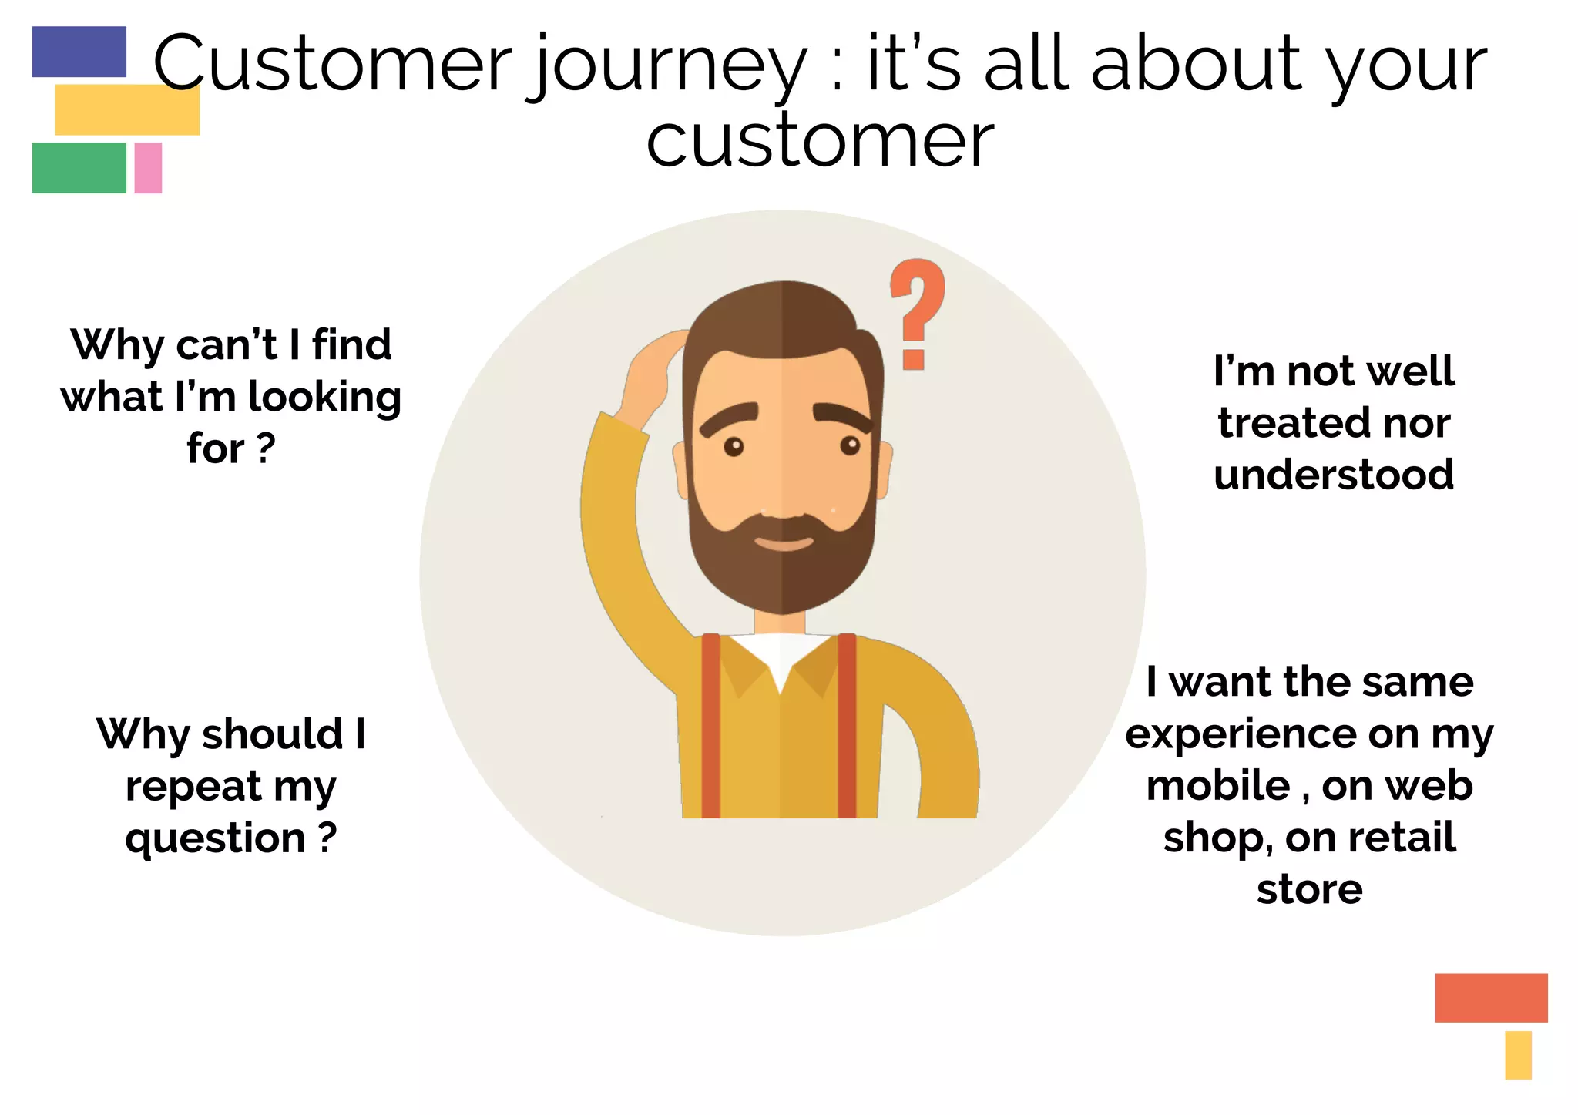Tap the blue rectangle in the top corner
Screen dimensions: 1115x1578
pyautogui.click(x=79, y=52)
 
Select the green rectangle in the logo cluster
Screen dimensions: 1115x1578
pyautogui.click(x=79, y=167)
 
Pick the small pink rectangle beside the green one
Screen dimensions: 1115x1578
pyautogui.click(x=148, y=167)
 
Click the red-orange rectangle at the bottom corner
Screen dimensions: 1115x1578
pyautogui.click(x=1490, y=997)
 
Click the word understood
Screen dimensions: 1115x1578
pyautogui.click(x=1334, y=475)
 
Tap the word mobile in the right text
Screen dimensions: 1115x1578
pyautogui.click(x=1217, y=786)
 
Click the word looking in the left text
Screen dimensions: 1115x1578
pyautogui.click(x=324, y=398)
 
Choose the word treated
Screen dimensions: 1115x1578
pyautogui.click(x=1282, y=423)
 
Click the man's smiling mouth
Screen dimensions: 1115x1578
pyautogui.click(x=783, y=542)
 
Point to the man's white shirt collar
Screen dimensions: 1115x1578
pyautogui.click(x=781, y=656)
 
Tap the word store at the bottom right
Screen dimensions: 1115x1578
pyautogui.click(x=1309, y=890)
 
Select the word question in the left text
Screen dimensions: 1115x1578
pyautogui.click(x=215, y=839)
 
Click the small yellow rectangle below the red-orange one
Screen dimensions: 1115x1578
pyautogui.click(x=1517, y=1055)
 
